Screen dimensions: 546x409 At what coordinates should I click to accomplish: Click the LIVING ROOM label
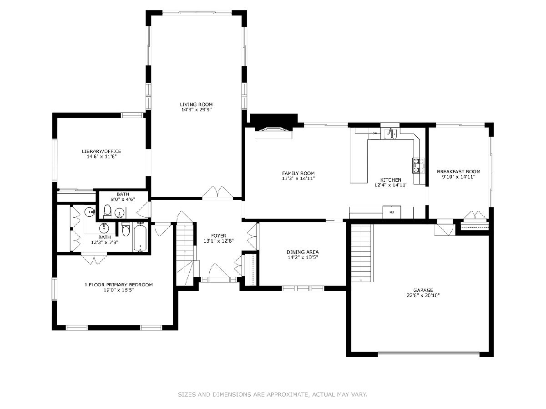(x=196, y=105)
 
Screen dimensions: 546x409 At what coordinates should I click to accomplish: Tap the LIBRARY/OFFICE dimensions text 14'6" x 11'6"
(x=101, y=157)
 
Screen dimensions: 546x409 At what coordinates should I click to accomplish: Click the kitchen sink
(x=392, y=134)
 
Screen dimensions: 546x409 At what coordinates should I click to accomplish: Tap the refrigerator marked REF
(x=392, y=212)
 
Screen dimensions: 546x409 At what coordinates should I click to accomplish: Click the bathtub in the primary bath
(x=140, y=238)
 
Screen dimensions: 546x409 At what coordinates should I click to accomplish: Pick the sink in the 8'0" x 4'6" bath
(x=120, y=213)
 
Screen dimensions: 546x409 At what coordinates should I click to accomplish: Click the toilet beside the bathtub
(x=126, y=229)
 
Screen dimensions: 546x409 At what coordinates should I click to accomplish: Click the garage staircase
(x=361, y=253)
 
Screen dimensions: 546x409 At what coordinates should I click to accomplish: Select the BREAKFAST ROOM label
(x=458, y=172)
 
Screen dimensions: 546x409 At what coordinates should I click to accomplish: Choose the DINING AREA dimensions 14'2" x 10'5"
(x=303, y=258)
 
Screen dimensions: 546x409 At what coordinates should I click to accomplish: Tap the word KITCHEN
(x=391, y=180)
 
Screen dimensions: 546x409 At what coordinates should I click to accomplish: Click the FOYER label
(x=219, y=235)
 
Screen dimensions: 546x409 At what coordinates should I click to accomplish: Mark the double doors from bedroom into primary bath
(x=94, y=259)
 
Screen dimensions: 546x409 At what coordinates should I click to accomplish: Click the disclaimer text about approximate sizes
(x=273, y=394)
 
